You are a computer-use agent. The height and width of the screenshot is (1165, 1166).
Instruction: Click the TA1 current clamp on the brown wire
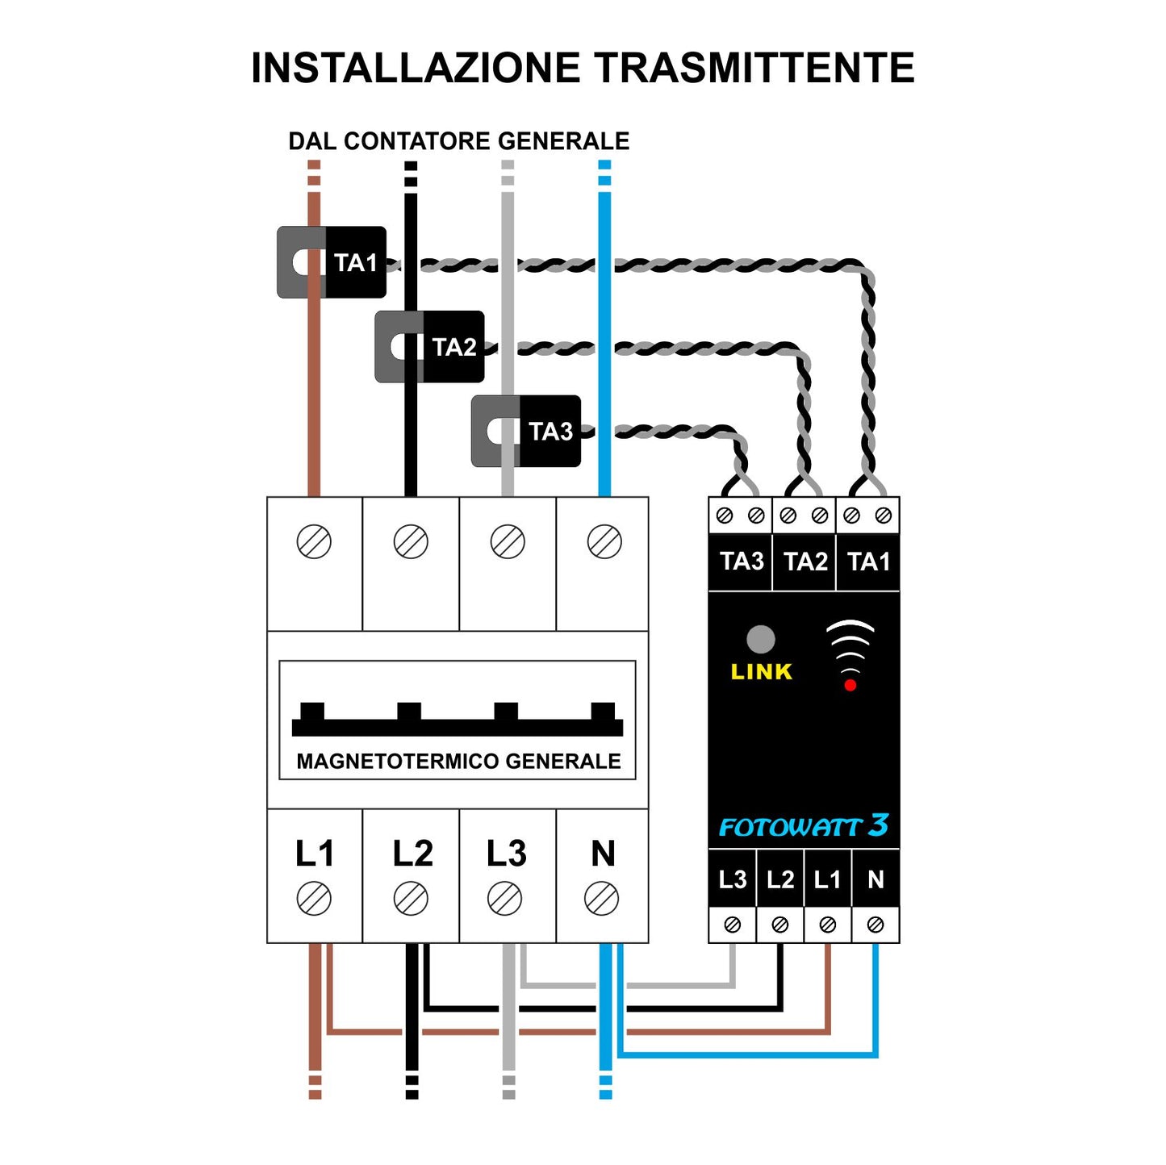pos(332,262)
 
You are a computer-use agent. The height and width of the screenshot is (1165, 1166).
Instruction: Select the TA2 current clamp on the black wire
pos(429,347)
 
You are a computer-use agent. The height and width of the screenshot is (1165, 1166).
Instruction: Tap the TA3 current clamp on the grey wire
pos(526,431)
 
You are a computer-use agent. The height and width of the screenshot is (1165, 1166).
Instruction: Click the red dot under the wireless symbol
pos(850,685)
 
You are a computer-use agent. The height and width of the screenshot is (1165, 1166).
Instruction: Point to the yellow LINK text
pos(761,672)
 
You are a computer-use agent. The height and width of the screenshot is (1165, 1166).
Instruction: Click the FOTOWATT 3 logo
pos(803,826)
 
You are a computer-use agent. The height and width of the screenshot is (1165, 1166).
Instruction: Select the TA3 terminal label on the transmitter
pos(741,562)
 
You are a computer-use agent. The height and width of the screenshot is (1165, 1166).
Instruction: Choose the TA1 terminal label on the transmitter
pos(868,562)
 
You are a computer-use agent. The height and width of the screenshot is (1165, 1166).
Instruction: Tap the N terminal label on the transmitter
pos(876,879)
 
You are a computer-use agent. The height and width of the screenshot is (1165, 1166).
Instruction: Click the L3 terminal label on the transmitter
pos(732,879)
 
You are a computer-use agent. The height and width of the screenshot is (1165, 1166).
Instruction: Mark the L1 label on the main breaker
pos(314,854)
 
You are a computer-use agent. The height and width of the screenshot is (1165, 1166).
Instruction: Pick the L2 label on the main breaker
pos(412,854)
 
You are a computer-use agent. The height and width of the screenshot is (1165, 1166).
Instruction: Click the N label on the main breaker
pos(603,854)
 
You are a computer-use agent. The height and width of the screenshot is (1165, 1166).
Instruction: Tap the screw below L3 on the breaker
pos(505,899)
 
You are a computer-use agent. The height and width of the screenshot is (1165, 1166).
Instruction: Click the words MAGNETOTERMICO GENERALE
pos(458,762)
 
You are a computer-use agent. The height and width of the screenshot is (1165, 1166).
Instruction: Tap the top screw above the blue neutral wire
pos(604,542)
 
